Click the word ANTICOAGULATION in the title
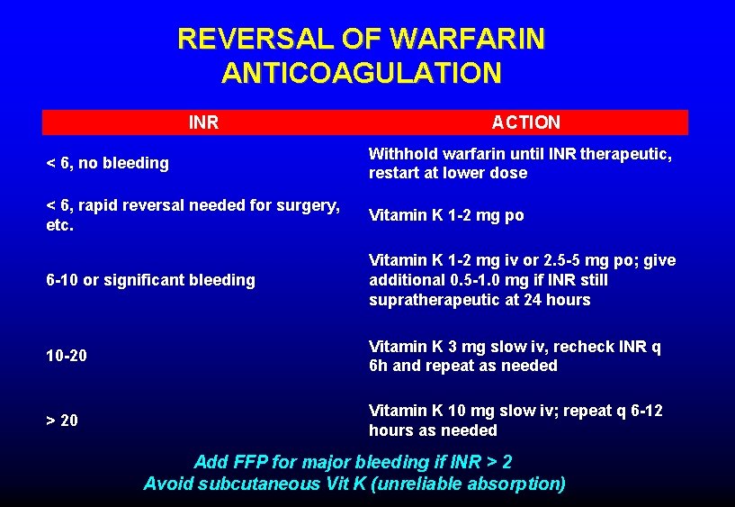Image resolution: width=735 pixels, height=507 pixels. click(x=361, y=73)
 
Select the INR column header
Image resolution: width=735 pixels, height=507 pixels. click(x=203, y=122)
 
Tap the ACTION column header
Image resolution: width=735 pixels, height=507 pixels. click(x=525, y=122)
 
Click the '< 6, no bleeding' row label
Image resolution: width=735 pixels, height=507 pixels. click(x=107, y=163)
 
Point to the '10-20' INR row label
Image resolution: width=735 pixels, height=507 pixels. click(x=67, y=356)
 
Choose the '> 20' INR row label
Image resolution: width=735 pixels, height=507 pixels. click(x=62, y=421)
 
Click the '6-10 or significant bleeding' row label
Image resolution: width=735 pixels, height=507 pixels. click(x=150, y=280)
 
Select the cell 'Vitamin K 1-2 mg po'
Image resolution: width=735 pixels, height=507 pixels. click(x=445, y=215)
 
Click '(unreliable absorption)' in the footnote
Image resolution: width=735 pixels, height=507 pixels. click(x=479, y=484)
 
